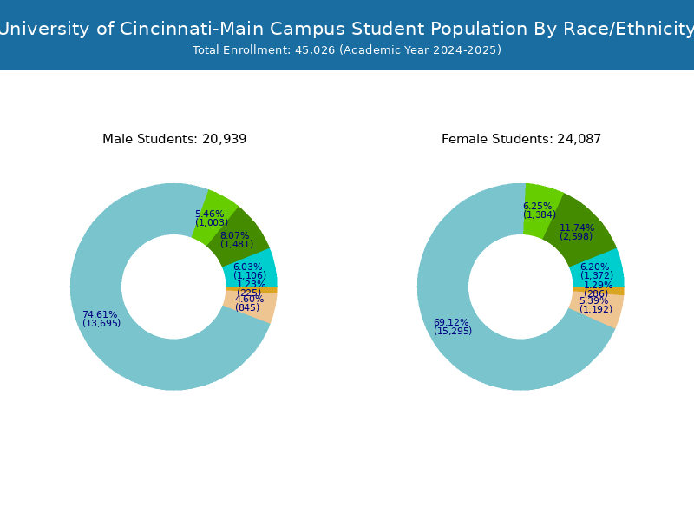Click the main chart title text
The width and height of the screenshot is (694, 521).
347,29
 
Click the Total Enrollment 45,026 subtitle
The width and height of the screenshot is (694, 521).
347,50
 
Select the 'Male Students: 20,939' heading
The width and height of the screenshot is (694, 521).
174,139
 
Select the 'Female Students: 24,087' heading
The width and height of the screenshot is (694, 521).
521,139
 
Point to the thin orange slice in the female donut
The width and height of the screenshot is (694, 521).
618,291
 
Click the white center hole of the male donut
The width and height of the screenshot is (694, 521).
173,287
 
